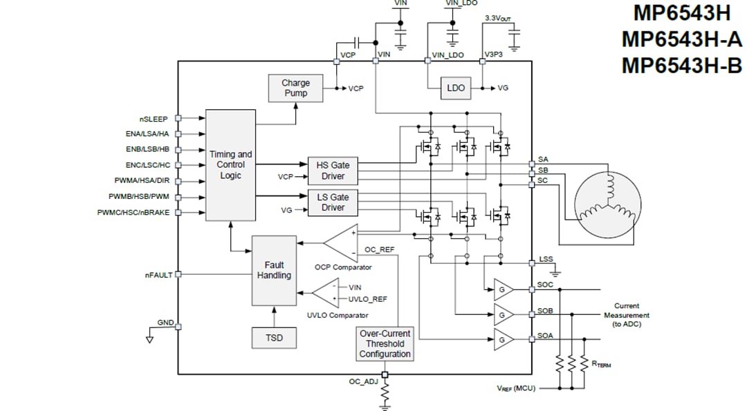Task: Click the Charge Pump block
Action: coord(295,88)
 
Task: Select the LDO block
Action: coord(456,88)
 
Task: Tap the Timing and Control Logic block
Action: coord(230,165)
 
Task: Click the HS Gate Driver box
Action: coord(333,171)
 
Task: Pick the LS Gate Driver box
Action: coord(333,202)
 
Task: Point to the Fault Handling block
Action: coord(274,270)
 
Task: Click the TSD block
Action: coord(274,338)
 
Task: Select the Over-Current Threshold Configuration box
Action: coord(385,343)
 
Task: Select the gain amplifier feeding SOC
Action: coord(504,289)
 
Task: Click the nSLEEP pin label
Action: coord(153,119)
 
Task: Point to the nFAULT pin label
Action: coord(158,275)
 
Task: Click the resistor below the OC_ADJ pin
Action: coord(385,396)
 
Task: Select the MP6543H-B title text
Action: coord(681,66)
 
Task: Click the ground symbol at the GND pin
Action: coord(149,338)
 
